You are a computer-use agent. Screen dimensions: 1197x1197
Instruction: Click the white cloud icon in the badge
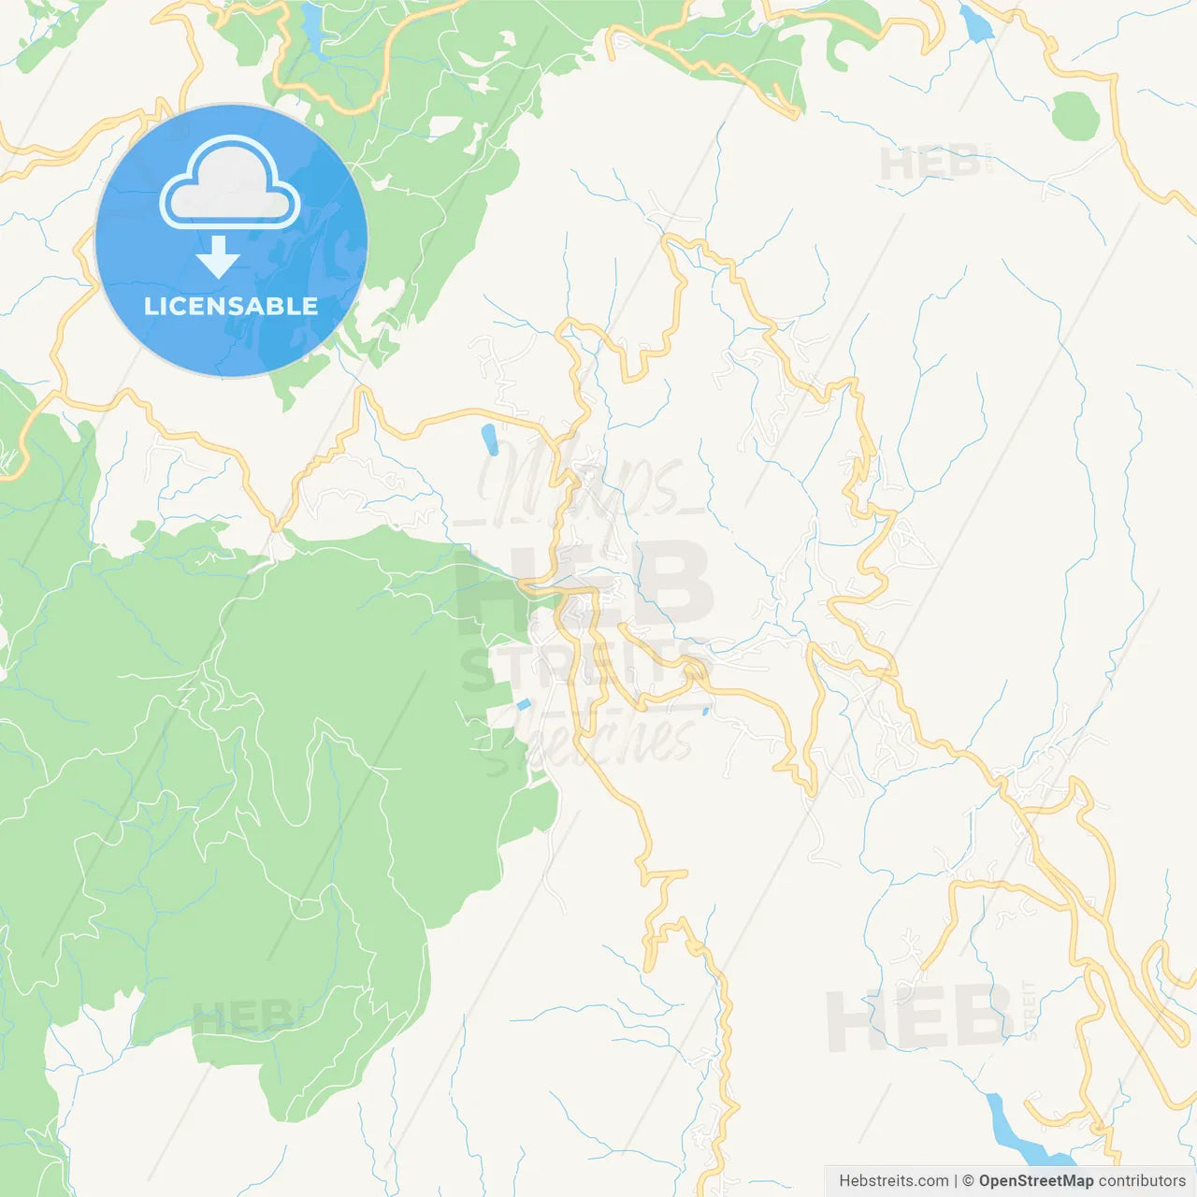[x=230, y=183]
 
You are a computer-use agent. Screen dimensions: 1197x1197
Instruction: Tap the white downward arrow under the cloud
[x=218, y=257]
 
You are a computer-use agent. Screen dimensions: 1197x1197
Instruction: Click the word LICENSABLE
[x=231, y=306]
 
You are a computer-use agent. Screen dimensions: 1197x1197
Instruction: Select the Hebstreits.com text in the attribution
[x=893, y=1181]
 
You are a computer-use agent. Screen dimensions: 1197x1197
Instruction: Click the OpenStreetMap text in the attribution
[x=1036, y=1181]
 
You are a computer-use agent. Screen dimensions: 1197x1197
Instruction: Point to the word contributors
[x=1142, y=1181]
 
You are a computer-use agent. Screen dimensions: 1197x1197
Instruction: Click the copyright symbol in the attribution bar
[x=968, y=1181]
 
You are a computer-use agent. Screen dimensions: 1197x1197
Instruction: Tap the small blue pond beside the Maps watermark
[x=489, y=440]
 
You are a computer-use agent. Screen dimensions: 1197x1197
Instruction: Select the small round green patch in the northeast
[x=1074, y=116]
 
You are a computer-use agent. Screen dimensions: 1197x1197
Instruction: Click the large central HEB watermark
[x=584, y=584]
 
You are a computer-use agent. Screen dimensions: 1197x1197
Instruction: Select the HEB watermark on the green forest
[x=243, y=1017]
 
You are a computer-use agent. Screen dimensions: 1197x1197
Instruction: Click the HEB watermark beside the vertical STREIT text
[x=916, y=1019]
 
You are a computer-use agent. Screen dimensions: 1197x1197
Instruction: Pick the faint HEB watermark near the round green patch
[x=930, y=164]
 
